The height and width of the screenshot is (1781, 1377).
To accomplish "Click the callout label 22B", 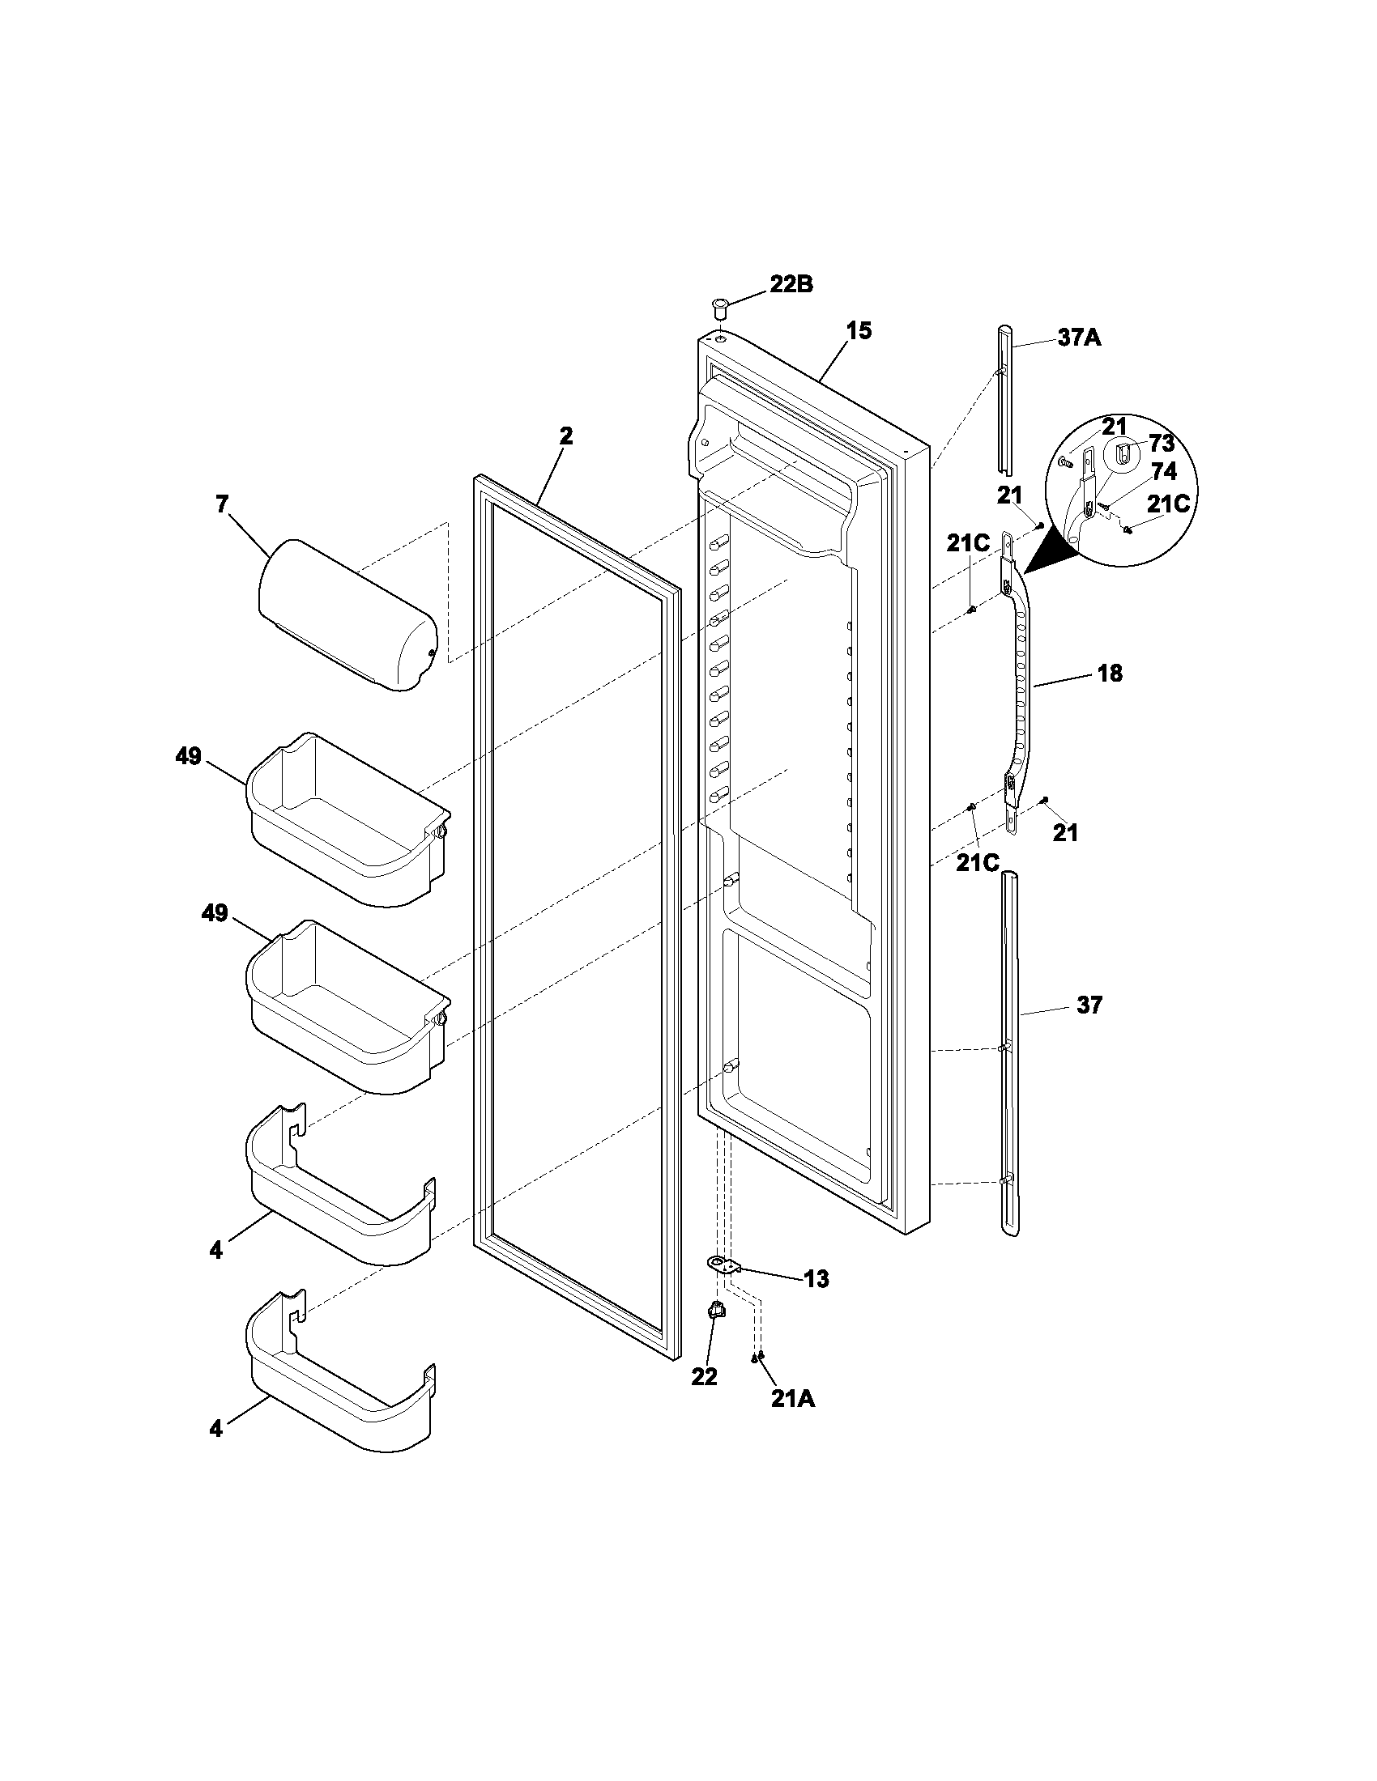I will [x=791, y=285].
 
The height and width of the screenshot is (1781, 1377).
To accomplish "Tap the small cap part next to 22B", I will [x=718, y=309].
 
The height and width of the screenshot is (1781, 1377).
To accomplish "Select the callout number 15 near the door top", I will [x=858, y=330].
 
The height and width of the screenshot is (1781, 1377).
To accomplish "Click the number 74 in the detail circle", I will [x=1163, y=471].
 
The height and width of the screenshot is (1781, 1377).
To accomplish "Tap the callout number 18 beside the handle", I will [x=1110, y=673].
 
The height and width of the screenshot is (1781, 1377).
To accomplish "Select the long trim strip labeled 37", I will [x=1009, y=1061].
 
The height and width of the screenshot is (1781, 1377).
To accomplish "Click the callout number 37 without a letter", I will [x=1089, y=1005].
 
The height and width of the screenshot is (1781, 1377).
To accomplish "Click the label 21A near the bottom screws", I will [x=792, y=1399].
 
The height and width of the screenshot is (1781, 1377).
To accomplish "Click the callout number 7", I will [x=222, y=504].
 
